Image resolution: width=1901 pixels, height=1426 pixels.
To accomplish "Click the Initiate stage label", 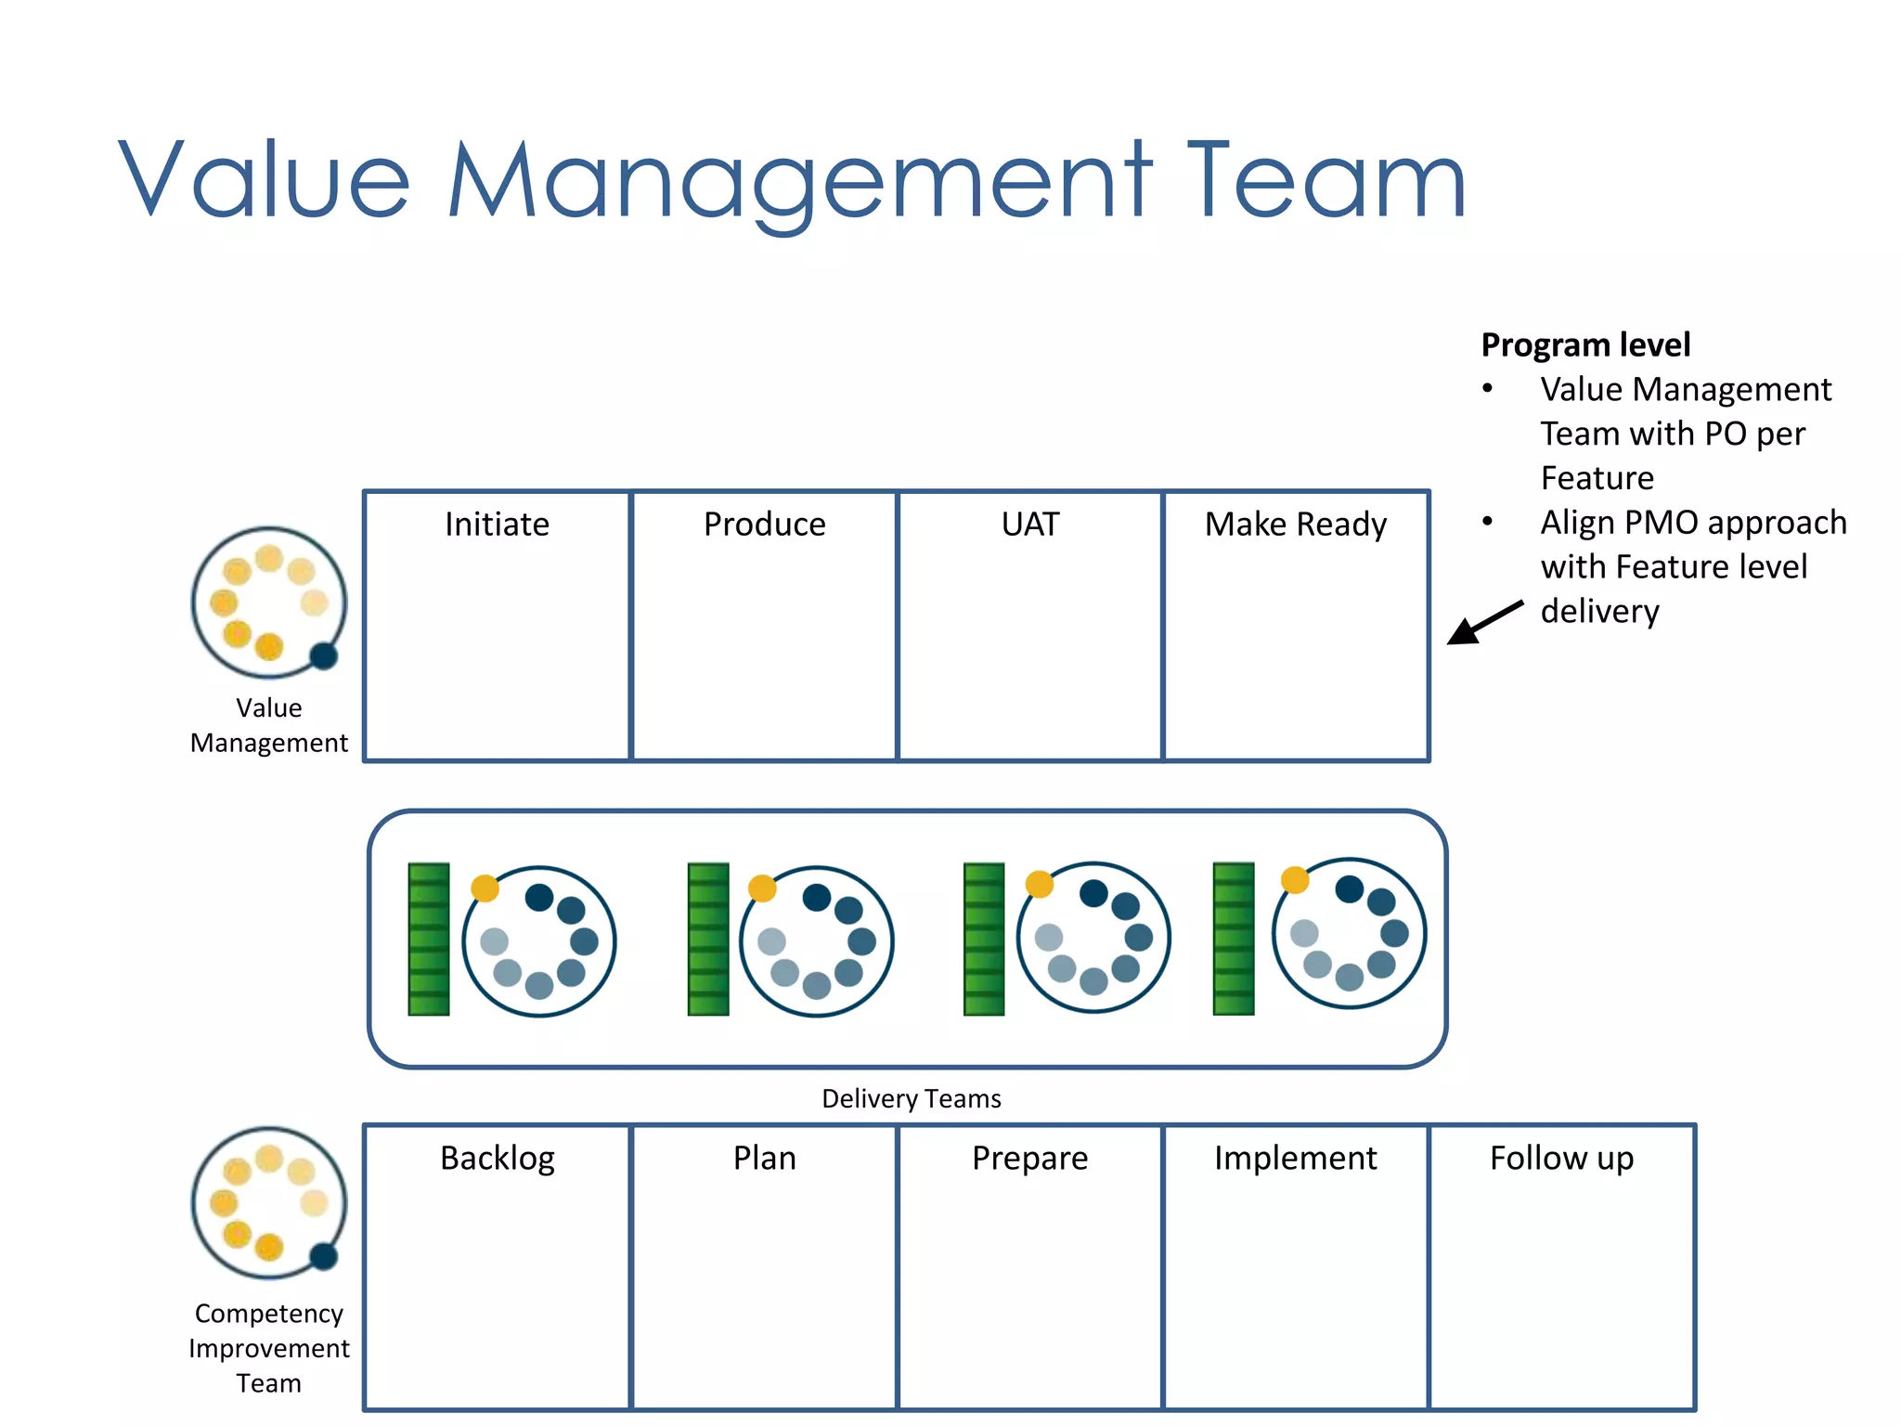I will coord(497,525).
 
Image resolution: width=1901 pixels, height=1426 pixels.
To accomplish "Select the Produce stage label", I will coord(764,525).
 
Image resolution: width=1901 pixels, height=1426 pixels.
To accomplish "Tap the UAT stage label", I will coord(1029,525).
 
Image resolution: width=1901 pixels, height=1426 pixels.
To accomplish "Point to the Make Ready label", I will coord(1296,525).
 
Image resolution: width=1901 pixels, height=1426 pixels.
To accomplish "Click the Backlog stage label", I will coord(498,1159).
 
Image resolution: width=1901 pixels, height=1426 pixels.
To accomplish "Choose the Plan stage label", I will coord(764,1159).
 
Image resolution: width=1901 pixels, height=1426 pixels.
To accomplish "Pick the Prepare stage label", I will coord(1029,1159).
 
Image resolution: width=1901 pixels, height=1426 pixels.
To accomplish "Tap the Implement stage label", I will coord(1296,1159).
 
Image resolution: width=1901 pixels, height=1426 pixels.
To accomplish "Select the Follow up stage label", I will coord(1561,1159).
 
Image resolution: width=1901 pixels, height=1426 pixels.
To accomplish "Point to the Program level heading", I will coord(1585,345).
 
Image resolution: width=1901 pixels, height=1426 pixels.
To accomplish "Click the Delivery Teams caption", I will coord(912,1099).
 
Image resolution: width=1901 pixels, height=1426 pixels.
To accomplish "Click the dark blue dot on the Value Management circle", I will coord(323,656).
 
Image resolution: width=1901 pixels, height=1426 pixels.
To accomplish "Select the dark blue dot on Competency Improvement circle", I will coord(323,1256).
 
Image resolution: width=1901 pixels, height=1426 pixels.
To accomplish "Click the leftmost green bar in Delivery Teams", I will coord(429,940).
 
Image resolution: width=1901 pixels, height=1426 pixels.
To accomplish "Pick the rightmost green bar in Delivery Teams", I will coord(1234,939).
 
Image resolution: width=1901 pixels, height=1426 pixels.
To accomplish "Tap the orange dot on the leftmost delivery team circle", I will coord(485,888).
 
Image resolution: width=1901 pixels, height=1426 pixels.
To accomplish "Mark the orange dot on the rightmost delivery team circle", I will coord(1295,879).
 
